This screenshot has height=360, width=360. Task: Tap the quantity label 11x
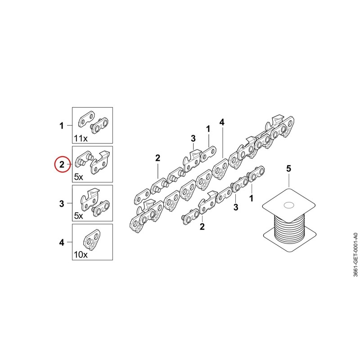pyautogui.click(x=81, y=139)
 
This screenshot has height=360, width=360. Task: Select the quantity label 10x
pyautogui.click(x=81, y=255)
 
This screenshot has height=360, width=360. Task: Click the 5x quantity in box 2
pyautogui.click(x=78, y=177)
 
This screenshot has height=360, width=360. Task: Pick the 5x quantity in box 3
pyautogui.click(x=78, y=216)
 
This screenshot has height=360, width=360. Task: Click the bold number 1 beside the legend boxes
pyautogui.click(x=62, y=126)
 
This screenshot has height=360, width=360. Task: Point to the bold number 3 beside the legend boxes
pyautogui.click(x=62, y=204)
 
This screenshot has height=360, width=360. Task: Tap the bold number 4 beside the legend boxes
pyautogui.click(x=62, y=243)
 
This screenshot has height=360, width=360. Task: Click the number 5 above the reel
pyautogui.click(x=288, y=168)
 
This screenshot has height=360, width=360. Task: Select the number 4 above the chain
pyautogui.click(x=222, y=122)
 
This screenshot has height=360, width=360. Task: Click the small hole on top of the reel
pyautogui.click(x=289, y=205)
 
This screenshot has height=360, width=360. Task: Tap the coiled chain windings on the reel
pyautogui.click(x=289, y=229)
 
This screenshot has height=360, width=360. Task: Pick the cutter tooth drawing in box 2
pyautogui.click(x=100, y=163)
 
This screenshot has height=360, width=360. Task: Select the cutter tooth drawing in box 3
pyautogui.click(x=90, y=198)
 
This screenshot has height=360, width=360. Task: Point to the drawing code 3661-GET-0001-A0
pyautogui.click(x=355, y=255)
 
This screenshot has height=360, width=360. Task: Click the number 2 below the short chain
pyautogui.click(x=202, y=227)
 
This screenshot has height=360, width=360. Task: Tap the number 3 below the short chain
pyautogui.click(x=236, y=207)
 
